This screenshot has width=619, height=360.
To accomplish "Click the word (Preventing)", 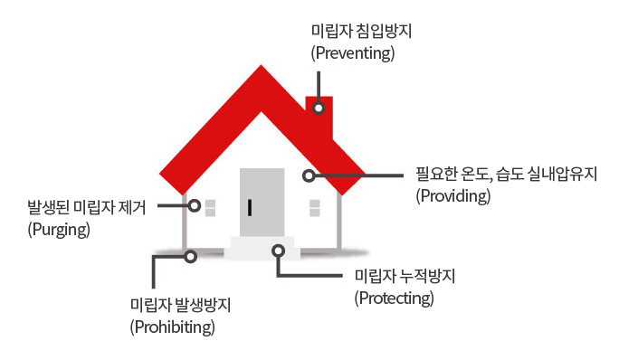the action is [x=353, y=53].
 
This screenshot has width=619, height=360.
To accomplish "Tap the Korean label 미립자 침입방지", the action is [x=361, y=31].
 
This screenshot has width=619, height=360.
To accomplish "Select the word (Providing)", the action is [x=453, y=195].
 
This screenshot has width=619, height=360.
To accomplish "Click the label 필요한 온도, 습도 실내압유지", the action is [x=507, y=174].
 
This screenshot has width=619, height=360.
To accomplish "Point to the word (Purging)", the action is [x=59, y=230].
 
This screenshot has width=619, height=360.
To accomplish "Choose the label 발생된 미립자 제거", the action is [x=87, y=207].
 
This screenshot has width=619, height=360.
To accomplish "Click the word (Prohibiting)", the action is [x=173, y=327].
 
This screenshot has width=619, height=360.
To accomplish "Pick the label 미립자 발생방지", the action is [x=180, y=305].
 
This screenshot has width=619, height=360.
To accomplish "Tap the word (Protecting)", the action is [x=394, y=298].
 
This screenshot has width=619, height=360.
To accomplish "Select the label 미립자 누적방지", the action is [x=405, y=276].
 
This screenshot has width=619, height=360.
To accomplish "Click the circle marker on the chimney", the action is [x=319, y=108].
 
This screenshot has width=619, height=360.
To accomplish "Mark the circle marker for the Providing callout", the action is [x=309, y=175].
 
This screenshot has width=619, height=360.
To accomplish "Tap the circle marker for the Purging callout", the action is [x=195, y=205].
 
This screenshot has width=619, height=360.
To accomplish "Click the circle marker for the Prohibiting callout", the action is [x=191, y=257].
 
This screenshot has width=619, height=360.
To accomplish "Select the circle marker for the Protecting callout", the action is [x=279, y=251].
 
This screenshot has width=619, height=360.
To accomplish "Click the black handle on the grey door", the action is [x=250, y=208].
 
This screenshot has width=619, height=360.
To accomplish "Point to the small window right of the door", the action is [x=315, y=208].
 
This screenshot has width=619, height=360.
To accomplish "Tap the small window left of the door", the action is [x=211, y=208].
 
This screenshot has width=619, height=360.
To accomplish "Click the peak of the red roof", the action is [x=261, y=65].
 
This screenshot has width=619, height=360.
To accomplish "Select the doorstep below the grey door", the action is [x=262, y=248].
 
